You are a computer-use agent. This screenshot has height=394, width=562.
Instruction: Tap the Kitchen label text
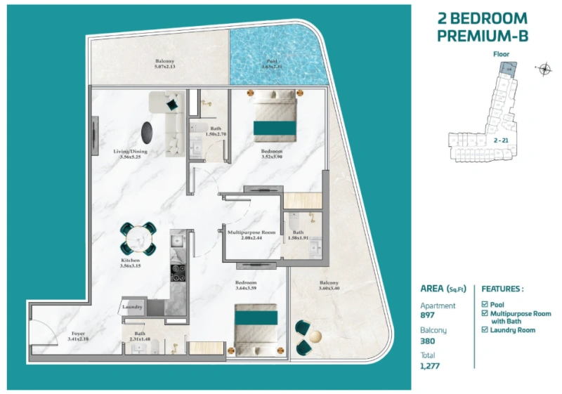[x=131, y=260]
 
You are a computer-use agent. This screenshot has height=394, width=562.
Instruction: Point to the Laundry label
[x=133, y=307]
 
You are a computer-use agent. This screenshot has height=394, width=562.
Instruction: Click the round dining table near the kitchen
[x=138, y=239]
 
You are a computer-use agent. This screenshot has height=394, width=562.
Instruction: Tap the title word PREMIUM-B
[x=482, y=35]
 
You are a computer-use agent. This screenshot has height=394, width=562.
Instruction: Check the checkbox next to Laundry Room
[x=485, y=330]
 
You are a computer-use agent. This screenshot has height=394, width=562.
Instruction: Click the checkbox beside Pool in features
[x=485, y=304]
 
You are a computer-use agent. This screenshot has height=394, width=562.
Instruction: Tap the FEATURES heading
[x=502, y=289]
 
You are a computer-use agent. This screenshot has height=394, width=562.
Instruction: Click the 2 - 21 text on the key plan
[x=501, y=140]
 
